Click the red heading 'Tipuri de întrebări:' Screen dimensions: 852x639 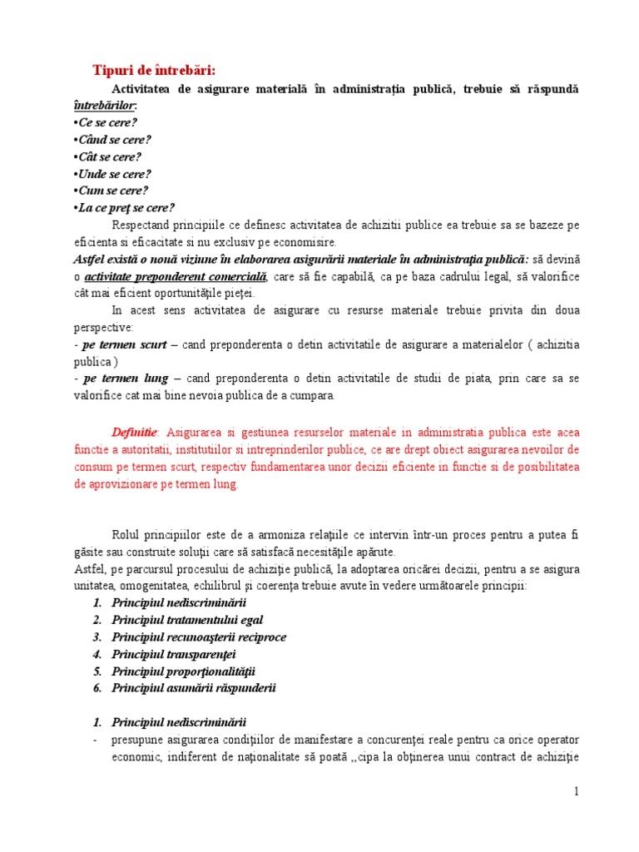pyautogui.click(x=160, y=69)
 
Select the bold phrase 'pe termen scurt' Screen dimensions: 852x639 pyautogui.click(x=121, y=344)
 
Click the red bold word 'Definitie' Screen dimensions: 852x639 pyautogui.click(x=134, y=433)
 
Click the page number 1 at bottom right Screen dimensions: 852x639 pyautogui.click(x=575, y=791)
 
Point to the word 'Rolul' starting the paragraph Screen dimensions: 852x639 pyautogui.click(x=126, y=534)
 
